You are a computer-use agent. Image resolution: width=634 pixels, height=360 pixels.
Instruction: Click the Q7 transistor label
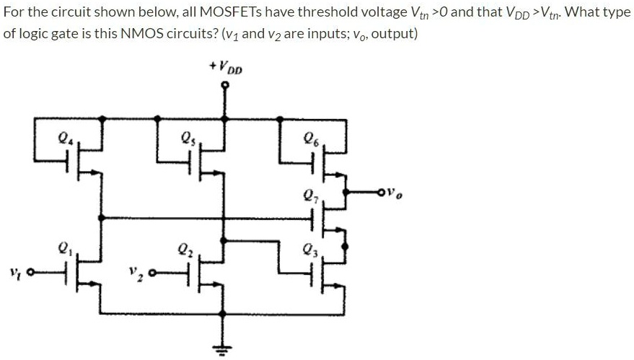tap(309, 195)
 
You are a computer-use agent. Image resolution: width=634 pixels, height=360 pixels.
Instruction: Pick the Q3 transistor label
tap(309, 250)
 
